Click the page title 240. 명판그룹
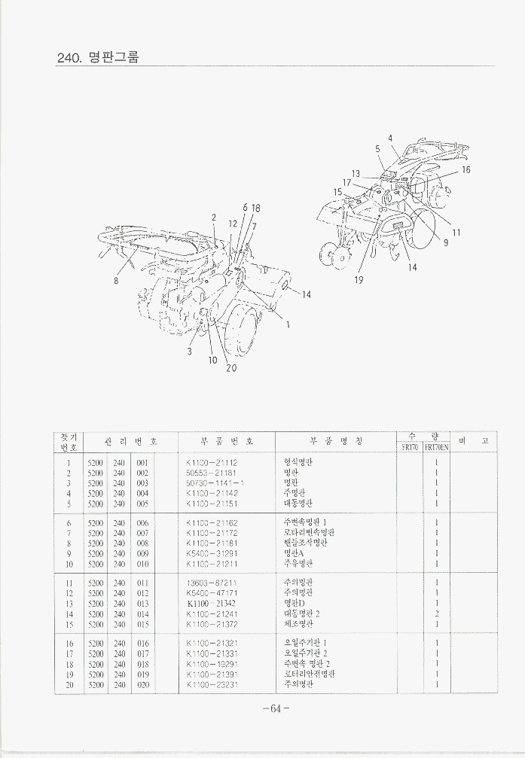click(x=98, y=57)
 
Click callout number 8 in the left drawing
click(x=116, y=282)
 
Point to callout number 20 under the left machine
click(x=231, y=368)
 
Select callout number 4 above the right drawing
click(x=390, y=139)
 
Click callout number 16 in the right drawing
click(x=465, y=170)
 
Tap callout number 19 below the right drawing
click(x=359, y=280)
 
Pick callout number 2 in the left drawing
click(x=214, y=218)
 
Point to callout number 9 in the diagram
click(x=446, y=242)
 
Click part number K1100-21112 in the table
click(x=212, y=464)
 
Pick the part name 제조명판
click(x=298, y=624)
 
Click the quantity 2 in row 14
click(x=437, y=613)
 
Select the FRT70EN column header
click(x=435, y=447)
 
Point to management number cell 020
click(x=143, y=684)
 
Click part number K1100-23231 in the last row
click(x=212, y=684)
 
